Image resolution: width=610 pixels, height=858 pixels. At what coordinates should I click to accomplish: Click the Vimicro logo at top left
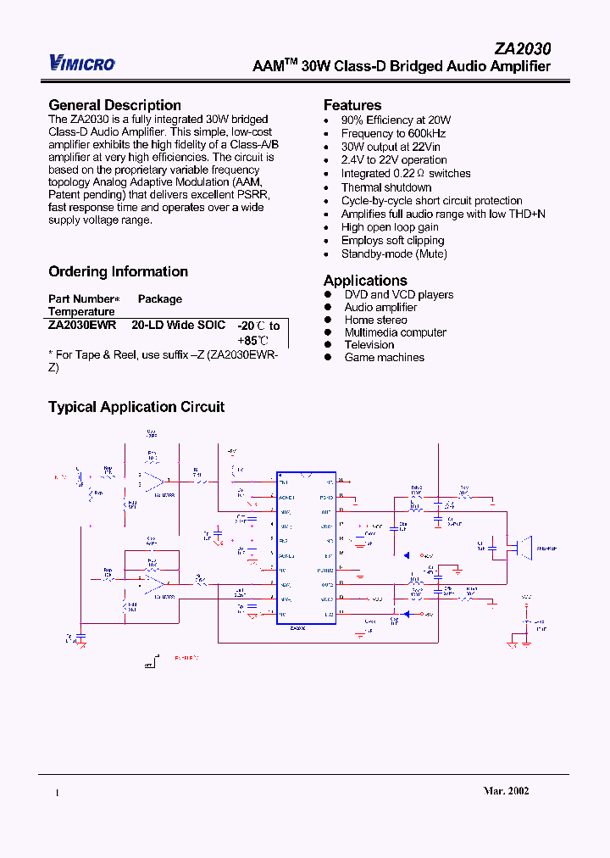coord(82,62)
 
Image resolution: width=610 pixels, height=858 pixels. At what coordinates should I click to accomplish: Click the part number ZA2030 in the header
coord(522,50)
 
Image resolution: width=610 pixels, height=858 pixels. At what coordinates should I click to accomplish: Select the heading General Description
coord(114,105)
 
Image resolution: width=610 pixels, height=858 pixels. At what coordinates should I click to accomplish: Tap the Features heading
coord(352,105)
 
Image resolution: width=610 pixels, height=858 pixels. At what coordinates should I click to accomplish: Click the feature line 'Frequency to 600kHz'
coord(393,133)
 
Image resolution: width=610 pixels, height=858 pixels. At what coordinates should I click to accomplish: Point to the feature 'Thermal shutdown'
coord(386,187)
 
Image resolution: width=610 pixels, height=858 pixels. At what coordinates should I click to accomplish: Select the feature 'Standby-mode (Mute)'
coord(394,253)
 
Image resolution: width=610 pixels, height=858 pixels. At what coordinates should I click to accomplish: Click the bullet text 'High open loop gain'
coord(390,227)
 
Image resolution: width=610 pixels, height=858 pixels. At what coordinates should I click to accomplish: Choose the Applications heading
coord(365,281)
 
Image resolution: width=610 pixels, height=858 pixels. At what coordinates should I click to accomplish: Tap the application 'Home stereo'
coord(375,320)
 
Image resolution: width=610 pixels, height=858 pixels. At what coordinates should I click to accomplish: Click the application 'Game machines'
coord(384,357)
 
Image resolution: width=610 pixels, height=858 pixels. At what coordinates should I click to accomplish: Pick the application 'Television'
coord(369,344)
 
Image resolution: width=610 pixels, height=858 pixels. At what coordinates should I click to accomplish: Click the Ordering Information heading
coord(118,271)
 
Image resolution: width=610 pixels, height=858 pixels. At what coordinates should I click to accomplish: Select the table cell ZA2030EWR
coord(82,325)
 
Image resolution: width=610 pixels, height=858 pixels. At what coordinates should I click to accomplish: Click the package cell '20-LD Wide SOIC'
coord(179,325)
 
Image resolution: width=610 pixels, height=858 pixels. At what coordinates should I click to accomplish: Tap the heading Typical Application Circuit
coord(136,407)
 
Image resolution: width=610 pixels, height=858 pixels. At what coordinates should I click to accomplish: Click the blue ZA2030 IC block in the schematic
coord(306,548)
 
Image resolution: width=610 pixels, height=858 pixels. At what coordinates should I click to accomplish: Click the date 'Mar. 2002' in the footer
coord(507,790)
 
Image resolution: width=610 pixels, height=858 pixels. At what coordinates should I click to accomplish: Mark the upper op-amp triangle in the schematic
coord(153,483)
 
